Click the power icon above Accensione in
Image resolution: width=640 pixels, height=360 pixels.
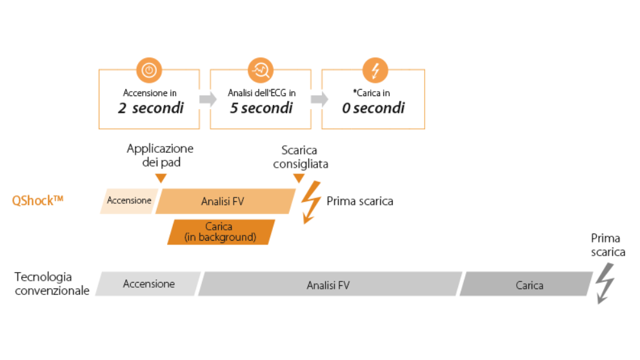[x=149, y=70]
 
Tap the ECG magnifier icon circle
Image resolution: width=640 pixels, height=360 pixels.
[x=261, y=70]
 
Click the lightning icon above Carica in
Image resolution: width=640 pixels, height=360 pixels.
[x=374, y=70]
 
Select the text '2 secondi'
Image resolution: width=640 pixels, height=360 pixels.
[x=150, y=108]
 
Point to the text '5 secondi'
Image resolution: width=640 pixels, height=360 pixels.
[x=261, y=108]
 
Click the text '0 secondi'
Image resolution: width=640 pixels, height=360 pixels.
[x=373, y=108]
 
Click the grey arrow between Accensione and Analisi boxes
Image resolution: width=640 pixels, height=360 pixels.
[x=206, y=99]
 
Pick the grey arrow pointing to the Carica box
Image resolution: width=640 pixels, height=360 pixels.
[x=318, y=99]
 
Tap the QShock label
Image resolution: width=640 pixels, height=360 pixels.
[x=38, y=200]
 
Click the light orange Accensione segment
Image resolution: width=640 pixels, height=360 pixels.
[x=129, y=201]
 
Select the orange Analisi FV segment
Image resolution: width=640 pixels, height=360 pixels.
[x=223, y=201]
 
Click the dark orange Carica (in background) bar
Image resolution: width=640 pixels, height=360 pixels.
[x=221, y=232]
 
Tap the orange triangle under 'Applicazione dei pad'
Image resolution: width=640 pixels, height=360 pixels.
[x=161, y=178]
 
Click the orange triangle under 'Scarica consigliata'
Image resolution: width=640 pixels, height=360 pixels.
[x=298, y=178]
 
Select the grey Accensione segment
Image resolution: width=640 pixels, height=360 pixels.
[x=148, y=284]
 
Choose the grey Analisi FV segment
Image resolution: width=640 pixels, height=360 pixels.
[x=328, y=285]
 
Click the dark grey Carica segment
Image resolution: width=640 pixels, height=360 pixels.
[x=526, y=285]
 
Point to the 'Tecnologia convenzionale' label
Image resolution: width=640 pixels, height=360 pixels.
[x=52, y=284]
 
